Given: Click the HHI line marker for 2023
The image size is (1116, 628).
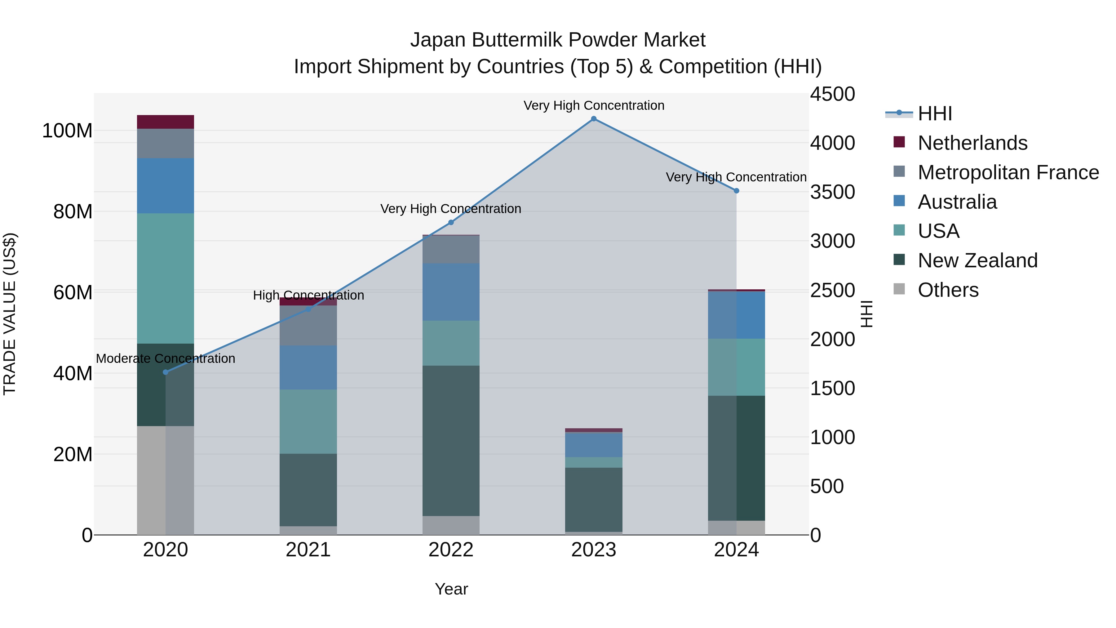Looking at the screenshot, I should tap(594, 119).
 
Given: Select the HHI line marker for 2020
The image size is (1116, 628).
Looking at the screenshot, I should tap(166, 372).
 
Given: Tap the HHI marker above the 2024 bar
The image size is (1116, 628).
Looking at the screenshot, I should tap(736, 191).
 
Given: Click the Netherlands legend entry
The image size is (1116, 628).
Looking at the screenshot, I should tap(972, 143).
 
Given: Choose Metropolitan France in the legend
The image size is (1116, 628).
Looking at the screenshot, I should tap(1008, 172).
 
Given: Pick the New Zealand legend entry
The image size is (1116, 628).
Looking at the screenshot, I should tap(977, 261).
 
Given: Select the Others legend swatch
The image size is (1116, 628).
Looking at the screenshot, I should tap(899, 290).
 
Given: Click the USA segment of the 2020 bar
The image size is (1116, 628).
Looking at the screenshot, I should tap(166, 278).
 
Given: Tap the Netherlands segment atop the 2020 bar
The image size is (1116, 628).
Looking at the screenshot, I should tap(166, 122).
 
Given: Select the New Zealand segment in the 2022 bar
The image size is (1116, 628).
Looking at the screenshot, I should tap(451, 440).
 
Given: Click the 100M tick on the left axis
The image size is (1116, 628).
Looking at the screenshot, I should tap(67, 131).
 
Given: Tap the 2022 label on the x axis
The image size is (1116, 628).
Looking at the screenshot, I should tap(451, 550).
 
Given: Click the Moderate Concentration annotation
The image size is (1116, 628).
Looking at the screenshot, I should tap(166, 359).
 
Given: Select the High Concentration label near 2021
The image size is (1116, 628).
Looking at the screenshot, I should tap(308, 295).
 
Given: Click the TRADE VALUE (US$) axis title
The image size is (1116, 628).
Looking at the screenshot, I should tap(10, 314).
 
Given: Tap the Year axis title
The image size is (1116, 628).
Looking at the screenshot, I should tap(451, 589).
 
